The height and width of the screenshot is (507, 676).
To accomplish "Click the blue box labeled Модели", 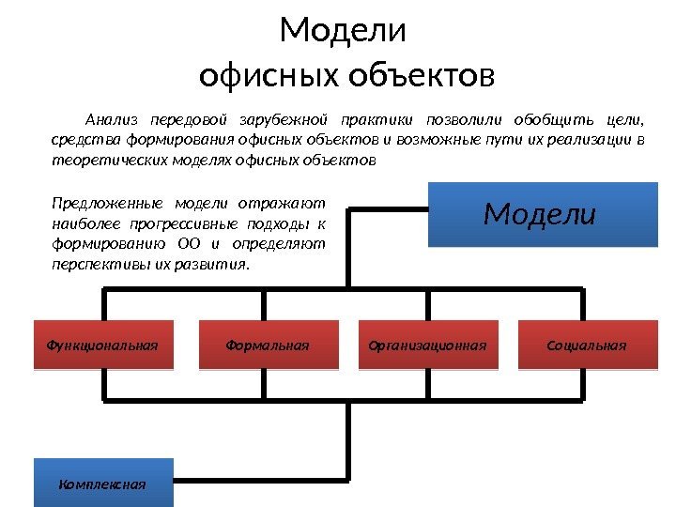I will point(539,215).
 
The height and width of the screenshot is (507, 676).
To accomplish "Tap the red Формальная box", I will point(268,345).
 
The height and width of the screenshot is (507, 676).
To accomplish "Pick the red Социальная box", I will point(586,345).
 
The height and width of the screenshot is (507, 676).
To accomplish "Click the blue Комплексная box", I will point(102,484).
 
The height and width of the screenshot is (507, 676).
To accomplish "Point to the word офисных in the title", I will point(270,73).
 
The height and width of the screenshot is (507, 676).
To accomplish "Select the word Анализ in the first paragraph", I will point(111,120).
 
